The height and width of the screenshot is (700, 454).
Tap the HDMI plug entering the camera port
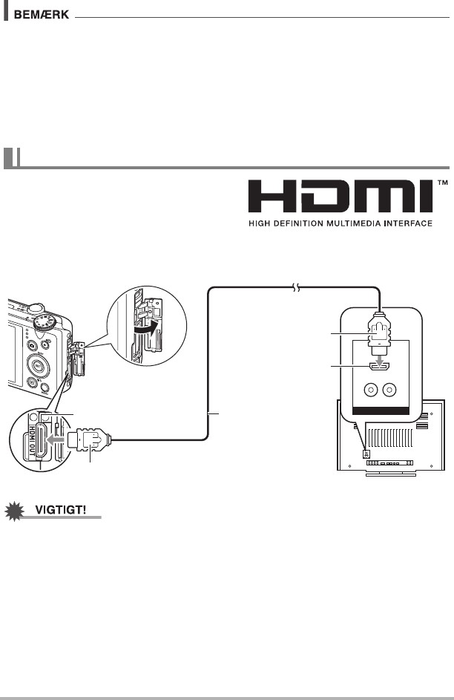point(88,440)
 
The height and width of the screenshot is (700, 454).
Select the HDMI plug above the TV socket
point(380,338)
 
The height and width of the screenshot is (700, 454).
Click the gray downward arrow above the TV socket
point(380,363)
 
